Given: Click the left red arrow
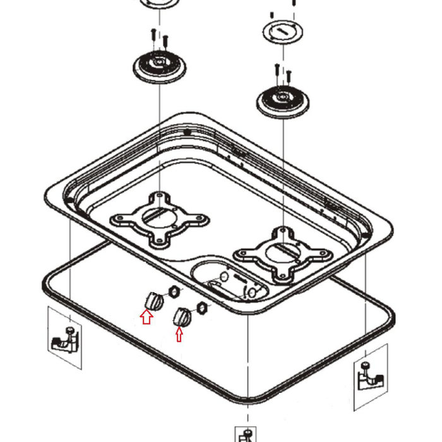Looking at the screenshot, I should click(146, 318).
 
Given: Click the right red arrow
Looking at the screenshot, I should click(179, 334).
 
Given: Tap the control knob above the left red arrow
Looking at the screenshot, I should click(152, 300).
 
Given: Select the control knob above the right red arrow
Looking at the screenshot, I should click(182, 316).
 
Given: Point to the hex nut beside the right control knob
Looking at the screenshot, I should click(202, 308).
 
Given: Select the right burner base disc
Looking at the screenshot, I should click(282, 99).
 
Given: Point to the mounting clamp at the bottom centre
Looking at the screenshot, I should click(247, 436).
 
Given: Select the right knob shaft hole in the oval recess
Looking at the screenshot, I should click(251, 294).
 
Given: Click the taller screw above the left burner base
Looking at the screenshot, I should click(153, 37).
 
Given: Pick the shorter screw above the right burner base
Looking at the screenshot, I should click(289, 76).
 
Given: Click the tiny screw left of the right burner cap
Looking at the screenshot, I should click(271, 13).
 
